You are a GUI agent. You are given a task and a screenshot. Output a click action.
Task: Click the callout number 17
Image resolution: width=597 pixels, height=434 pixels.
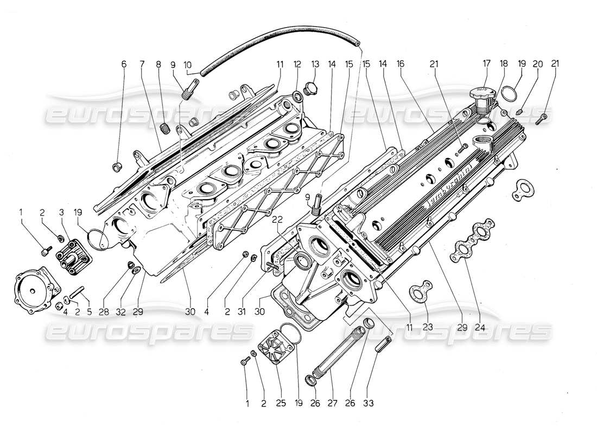pyautogui.click(x=484, y=63)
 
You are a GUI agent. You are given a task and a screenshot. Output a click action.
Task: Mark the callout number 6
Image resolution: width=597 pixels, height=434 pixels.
pyautogui.click(x=124, y=63)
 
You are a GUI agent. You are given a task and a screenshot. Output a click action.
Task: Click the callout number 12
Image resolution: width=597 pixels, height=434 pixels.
pyautogui.click(x=298, y=63)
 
